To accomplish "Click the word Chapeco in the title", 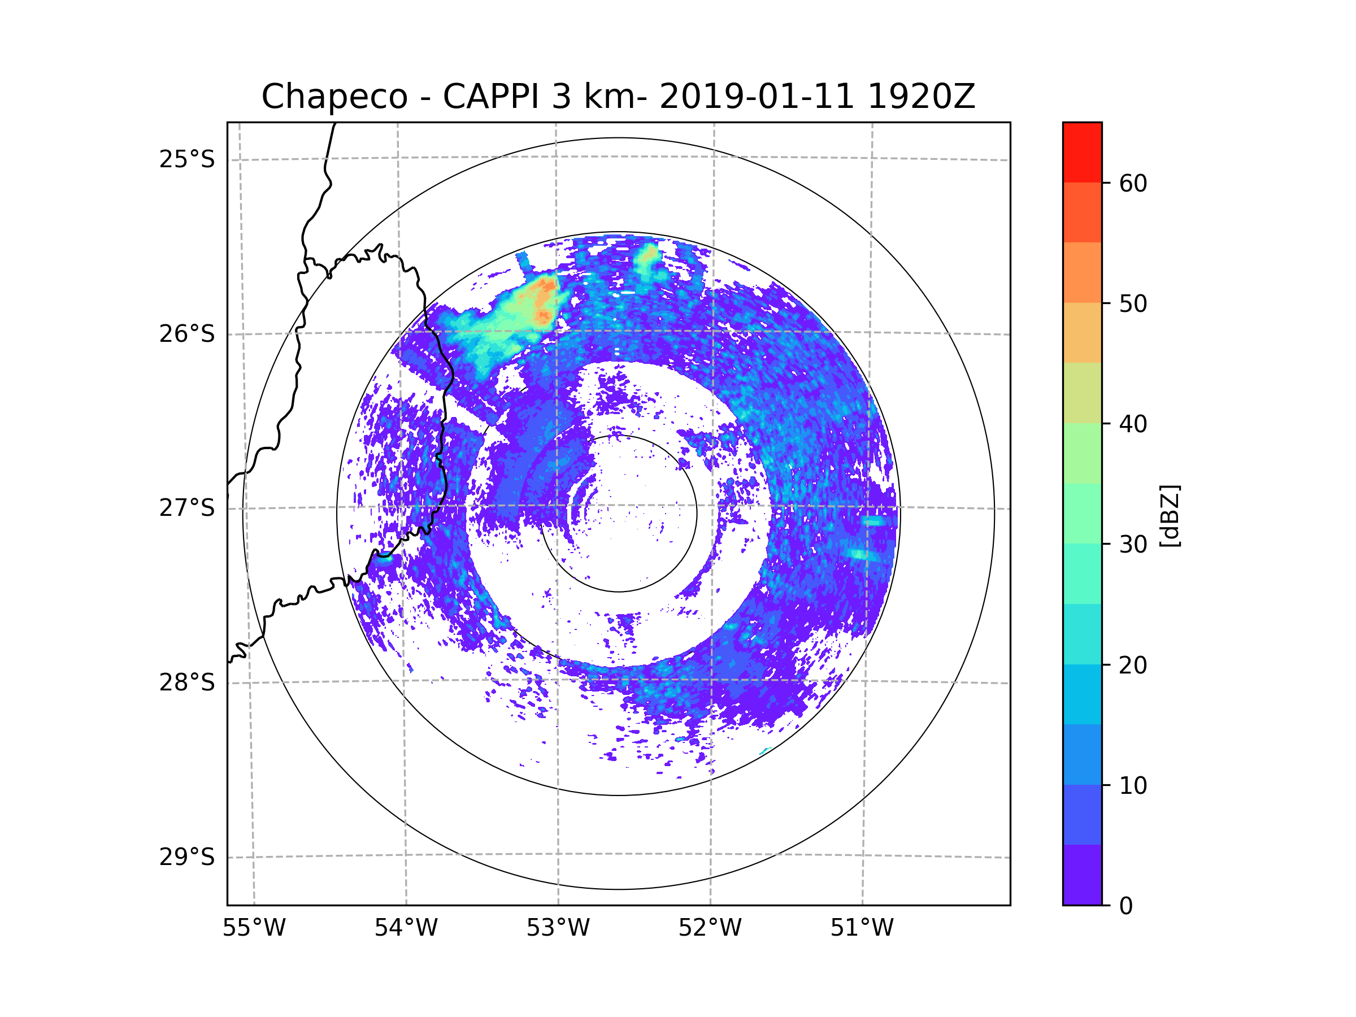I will (x=334, y=97).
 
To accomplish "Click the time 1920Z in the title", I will (x=921, y=97).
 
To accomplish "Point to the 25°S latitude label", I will (x=187, y=159).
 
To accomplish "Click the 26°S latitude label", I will (x=187, y=334).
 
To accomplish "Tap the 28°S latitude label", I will (x=187, y=683).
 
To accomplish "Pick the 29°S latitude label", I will (x=187, y=857).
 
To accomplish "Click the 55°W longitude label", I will (x=254, y=928).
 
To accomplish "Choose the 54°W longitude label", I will (x=406, y=928).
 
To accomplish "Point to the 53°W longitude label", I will (x=558, y=928).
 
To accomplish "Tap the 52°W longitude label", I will (x=710, y=928).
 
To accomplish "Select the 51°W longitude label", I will (x=862, y=928).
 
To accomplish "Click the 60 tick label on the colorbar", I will (x=1133, y=183).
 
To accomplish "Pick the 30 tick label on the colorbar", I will (x=1133, y=544).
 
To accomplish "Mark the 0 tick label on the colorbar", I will (x=1126, y=906).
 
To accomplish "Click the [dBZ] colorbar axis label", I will (x=1170, y=515).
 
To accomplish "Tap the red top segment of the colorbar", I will (x=1082, y=152).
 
